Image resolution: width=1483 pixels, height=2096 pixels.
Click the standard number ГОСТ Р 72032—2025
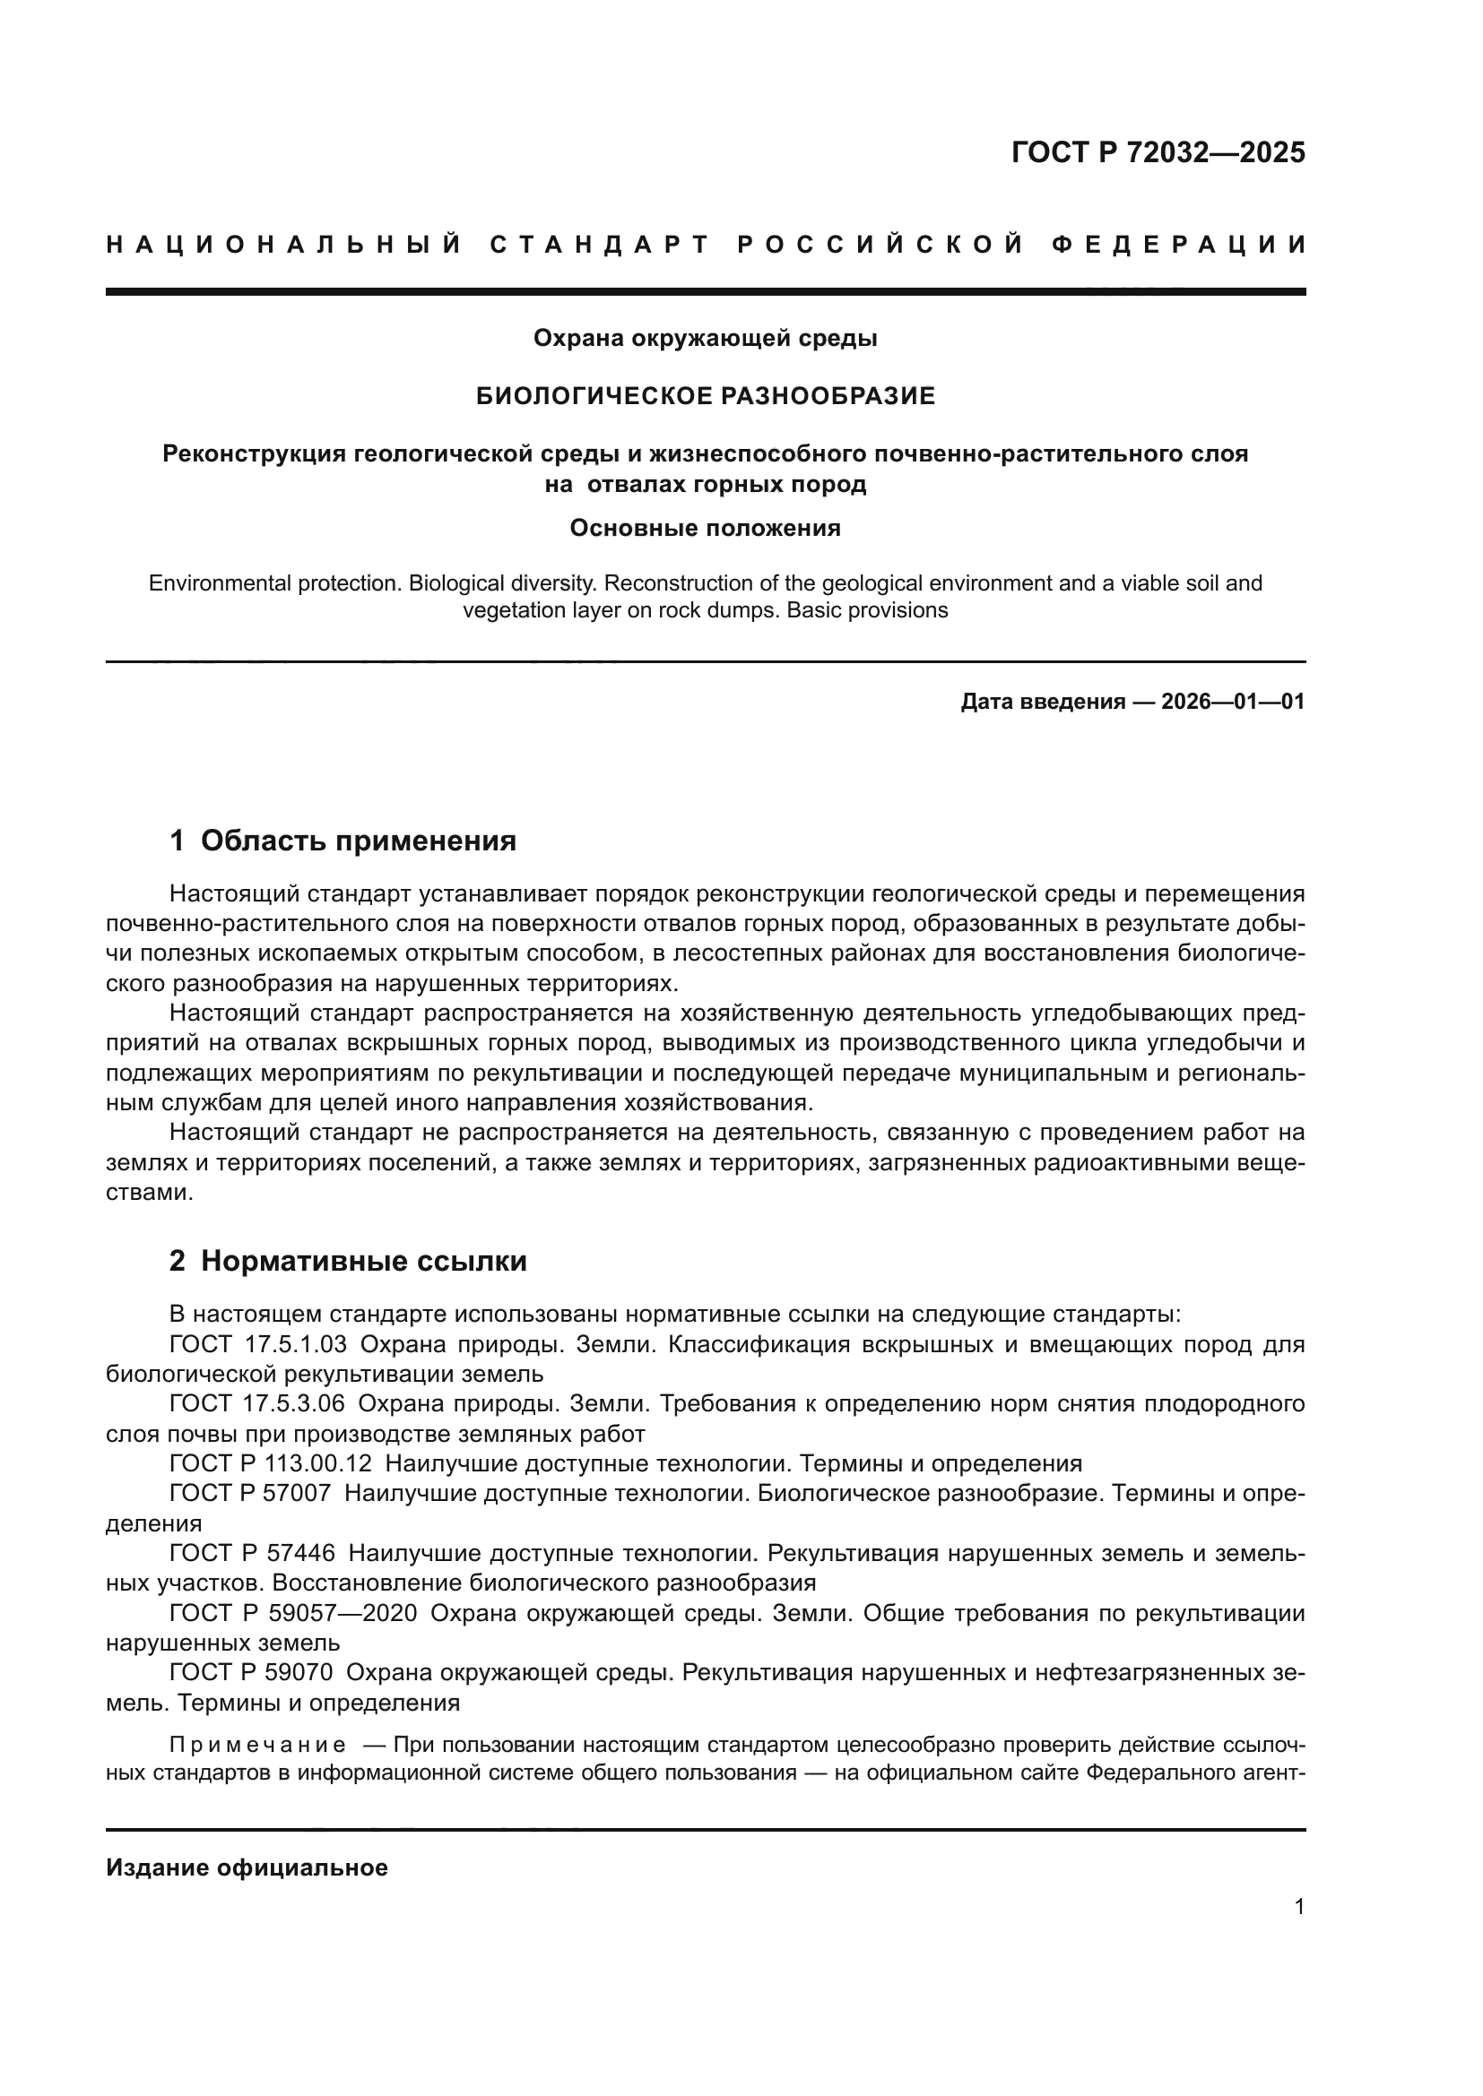pyautogui.click(x=1158, y=152)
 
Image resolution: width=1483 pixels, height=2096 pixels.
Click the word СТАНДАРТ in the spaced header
pyautogui.click(x=600, y=245)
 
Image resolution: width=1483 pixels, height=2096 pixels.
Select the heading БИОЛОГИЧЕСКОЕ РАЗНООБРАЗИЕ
pyautogui.click(x=706, y=396)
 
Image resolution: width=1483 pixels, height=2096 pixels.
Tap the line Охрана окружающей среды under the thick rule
pyautogui.click(x=706, y=339)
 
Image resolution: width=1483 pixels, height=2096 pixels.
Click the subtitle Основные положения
pyautogui.click(x=705, y=528)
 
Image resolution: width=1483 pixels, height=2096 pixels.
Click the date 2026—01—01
pyautogui.click(x=1233, y=702)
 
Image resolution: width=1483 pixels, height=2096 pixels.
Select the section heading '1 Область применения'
pyautogui.click(x=343, y=841)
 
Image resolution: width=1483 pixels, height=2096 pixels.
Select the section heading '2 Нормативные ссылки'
pyautogui.click(x=348, y=1261)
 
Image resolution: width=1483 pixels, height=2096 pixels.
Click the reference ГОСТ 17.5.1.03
pyautogui.click(x=258, y=1344)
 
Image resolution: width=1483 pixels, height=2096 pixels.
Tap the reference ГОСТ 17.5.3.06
pyautogui.click(x=258, y=1403)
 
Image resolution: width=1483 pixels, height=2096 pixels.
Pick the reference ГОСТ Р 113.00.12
pyautogui.click(x=271, y=1463)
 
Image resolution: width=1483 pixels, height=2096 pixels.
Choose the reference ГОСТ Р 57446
pyautogui.click(x=253, y=1553)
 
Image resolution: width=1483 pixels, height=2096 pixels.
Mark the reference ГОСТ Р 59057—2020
pyautogui.click(x=294, y=1613)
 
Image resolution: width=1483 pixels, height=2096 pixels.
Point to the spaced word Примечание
pyautogui.click(x=258, y=1746)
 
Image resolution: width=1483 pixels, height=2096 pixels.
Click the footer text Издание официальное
pyautogui.click(x=247, y=1867)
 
